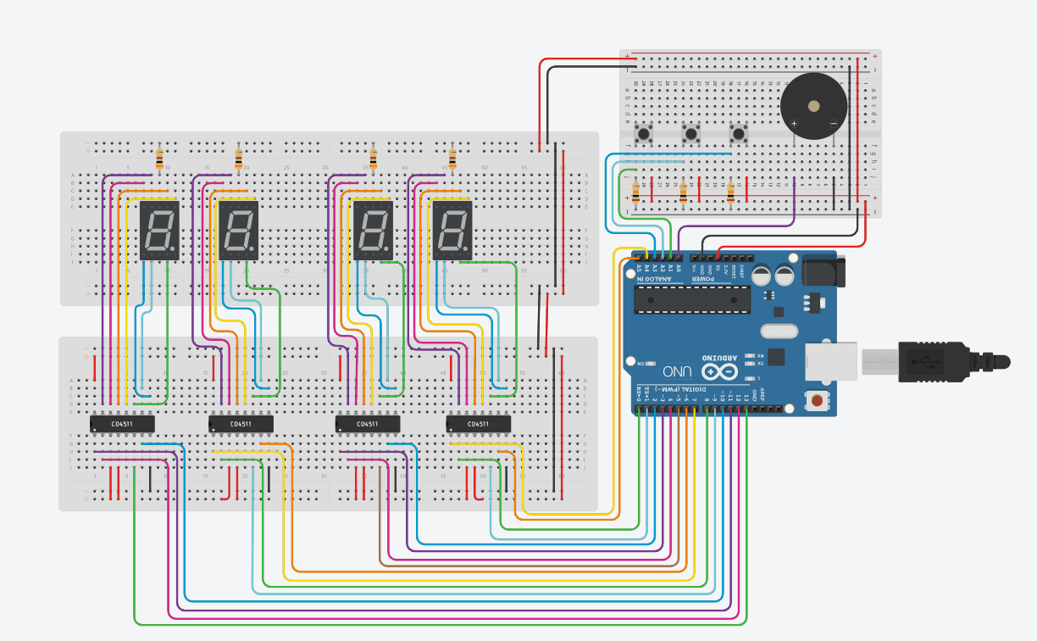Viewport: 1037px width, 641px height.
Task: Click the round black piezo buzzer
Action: [813, 106]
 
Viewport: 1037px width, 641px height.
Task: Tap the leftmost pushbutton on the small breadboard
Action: [644, 133]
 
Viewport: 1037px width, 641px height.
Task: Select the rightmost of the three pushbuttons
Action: [739, 133]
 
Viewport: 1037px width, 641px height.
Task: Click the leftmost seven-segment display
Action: [159, 231]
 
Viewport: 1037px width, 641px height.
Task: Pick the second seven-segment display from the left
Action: [238, 231]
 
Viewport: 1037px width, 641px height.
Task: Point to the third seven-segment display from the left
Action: [373, 231]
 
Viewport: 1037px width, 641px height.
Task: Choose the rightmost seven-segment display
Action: [452, 231]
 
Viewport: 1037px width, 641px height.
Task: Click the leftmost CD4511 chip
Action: [122, 423]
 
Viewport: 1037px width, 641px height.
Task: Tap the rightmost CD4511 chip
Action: [479, 423]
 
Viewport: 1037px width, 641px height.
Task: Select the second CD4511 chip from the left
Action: [241, 423]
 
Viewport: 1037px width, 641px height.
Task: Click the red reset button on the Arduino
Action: [817, 400]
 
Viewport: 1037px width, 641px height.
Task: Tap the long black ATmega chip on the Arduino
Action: [691, 298]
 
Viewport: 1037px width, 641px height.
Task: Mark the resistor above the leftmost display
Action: [159, 159]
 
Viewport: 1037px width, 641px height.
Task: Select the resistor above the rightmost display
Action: [452, 159]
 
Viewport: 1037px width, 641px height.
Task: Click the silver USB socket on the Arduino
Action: [830, 361]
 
